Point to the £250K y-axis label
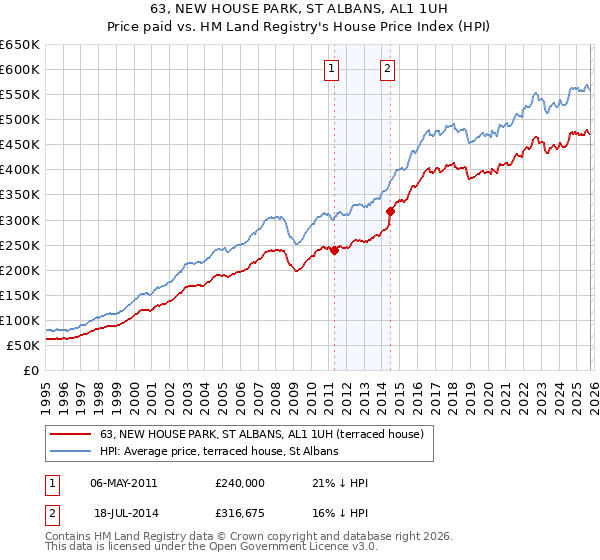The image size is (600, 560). pyautogui.click(x=20, y=245)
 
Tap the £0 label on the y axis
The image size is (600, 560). pyautogui.click(x=32, y=371)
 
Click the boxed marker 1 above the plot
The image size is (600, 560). pyautogui.click(x=331, y=69)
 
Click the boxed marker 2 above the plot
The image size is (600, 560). pyautogui.click(x=387, y=69)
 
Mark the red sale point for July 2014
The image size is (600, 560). pyautogui.click(x=391, y=211)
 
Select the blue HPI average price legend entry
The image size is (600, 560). pyautogui.click(x=219, y=452)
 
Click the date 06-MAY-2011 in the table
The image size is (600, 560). pyautogui.click(x=124, y=483)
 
